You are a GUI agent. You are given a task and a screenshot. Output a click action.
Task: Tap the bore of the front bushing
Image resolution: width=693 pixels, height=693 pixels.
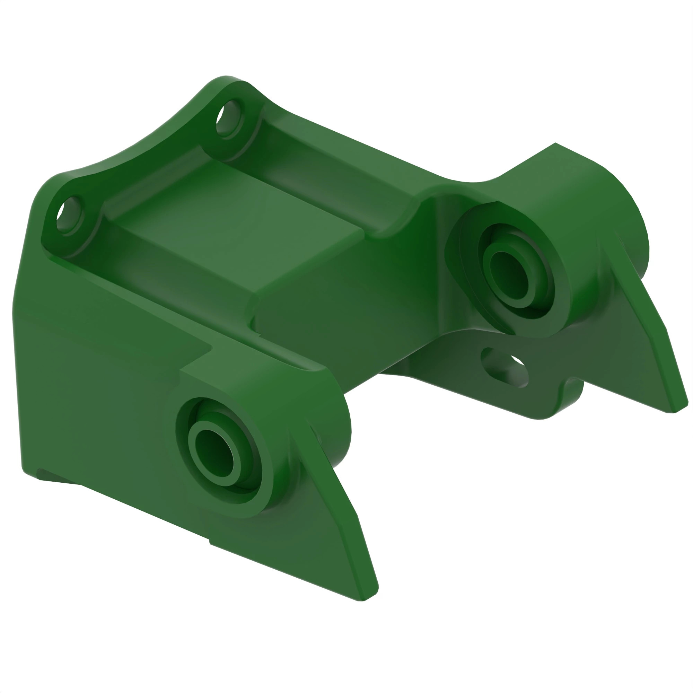(x=214, y=453)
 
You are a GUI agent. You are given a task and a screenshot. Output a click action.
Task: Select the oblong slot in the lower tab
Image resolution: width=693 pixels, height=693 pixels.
(x=504, y=368)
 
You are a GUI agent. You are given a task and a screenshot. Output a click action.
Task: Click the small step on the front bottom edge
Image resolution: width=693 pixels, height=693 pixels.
(x=210, y=544)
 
